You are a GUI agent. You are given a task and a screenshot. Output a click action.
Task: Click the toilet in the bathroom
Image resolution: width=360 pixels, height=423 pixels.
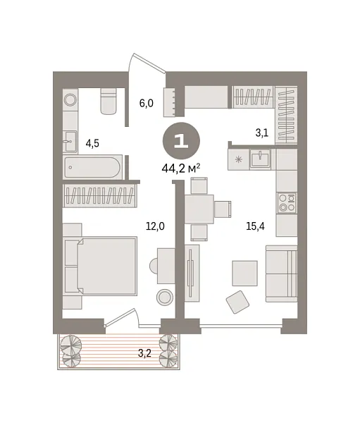(108, 101)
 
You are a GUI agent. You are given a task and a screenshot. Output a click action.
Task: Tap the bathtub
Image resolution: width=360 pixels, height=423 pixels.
(93, 167)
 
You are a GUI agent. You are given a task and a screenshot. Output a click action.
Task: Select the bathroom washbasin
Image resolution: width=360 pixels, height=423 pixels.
(70, 142)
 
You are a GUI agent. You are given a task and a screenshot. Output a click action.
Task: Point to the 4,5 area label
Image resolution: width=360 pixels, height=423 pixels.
(92, 144)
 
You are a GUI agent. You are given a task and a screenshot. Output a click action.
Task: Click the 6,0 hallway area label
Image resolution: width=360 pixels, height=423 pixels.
(146, 103)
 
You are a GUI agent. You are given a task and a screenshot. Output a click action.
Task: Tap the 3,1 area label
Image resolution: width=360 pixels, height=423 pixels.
(262, 133)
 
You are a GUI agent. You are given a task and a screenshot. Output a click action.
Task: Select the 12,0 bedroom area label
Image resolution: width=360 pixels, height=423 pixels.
(155, 226)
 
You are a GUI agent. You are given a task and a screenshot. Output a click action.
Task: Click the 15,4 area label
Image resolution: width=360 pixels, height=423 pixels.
(255, 226)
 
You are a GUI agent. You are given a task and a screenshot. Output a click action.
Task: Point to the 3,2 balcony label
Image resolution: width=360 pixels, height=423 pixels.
(144, 353)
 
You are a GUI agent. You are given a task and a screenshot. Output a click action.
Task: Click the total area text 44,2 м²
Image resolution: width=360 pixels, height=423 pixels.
(181, 168)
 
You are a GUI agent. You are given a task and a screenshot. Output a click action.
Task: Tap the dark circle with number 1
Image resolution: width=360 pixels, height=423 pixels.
(181, 141)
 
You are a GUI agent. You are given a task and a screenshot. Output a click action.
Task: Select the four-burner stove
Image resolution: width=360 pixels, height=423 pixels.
(287, 203)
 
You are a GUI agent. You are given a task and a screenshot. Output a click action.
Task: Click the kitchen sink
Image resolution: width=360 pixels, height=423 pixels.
(260, 159)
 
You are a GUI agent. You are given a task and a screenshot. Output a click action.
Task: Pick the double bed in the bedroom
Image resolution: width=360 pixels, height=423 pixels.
(100, 266)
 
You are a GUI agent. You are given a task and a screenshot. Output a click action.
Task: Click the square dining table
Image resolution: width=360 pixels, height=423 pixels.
(199, 209)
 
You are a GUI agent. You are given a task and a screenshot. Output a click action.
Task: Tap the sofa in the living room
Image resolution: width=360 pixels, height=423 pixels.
(281, 274)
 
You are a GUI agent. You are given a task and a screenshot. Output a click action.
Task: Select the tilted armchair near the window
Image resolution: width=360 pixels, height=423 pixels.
(237, 302)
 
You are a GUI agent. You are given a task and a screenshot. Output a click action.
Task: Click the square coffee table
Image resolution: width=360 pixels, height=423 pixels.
(245, 273)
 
